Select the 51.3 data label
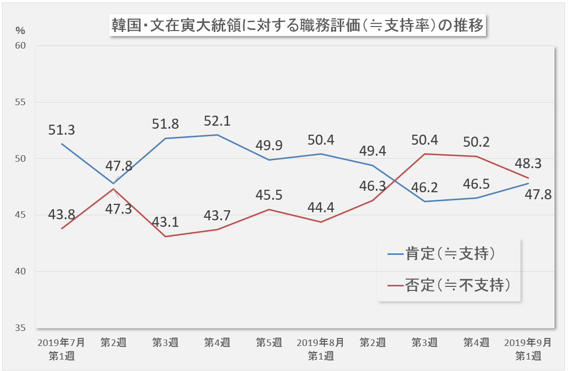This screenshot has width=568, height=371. [x=62, y=130]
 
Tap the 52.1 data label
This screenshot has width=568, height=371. [x=217, y=121]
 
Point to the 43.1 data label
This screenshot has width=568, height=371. [x=166, y=222]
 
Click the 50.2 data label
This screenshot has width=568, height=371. [x=476, y=142]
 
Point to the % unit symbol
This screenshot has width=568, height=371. [x=20, y=30]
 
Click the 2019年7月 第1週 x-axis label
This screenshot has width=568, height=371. [x=62, y=349]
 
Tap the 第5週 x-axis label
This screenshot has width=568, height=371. [x=269, y=343]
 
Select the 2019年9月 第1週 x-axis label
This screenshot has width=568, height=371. [x=528, y=349]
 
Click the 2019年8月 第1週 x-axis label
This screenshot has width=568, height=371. [x=320, y=349]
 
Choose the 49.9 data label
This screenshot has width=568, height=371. [x=269, y=146]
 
